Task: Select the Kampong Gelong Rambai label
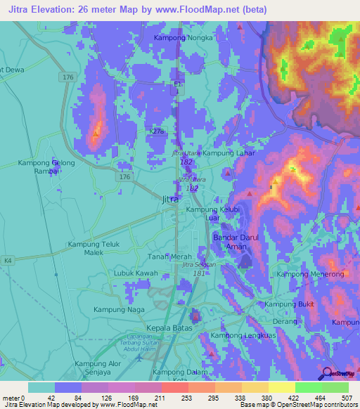point(46,167)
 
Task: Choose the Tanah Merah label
point(169,256)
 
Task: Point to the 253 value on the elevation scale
point(174,398)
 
